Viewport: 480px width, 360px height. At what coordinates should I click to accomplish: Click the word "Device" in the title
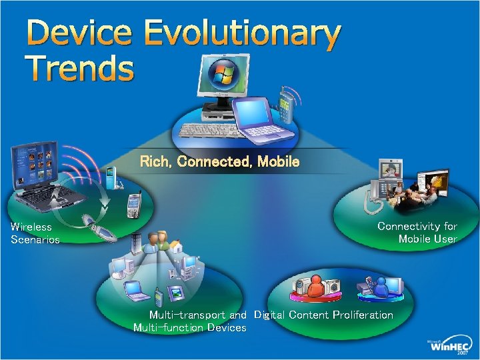[x=79, y=35]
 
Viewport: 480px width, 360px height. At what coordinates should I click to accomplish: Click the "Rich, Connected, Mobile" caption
[x=219, y=162]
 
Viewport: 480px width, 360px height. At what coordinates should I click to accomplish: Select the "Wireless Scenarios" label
[x=35, y=233]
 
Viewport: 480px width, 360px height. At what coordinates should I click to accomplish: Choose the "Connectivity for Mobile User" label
[x=418, y=233]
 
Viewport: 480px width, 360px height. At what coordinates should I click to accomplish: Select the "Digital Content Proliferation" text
[x=323, y=315]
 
